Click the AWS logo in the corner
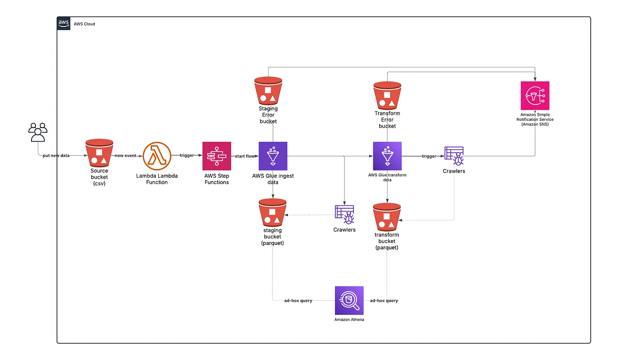tap(63, 23)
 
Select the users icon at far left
tap(38, 132)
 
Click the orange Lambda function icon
tap(157, 156)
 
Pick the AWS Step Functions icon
tap(217, 156)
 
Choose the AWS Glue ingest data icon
tap(273, 156)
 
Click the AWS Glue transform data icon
tap(387, 156)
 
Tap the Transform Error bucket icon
tap(387, 95)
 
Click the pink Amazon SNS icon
tap(535, 96)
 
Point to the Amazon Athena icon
tap(349, 300)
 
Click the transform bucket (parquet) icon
tap(387, 217)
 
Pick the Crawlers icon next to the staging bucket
tap(344, 215)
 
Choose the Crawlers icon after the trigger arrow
tap(454, 156)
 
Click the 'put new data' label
tap(56, 156)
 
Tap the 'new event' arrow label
tap(125, 156)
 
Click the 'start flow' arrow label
tap(245, 156)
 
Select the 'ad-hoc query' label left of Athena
tap(298, 301)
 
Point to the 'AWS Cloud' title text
tap(84, 24)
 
